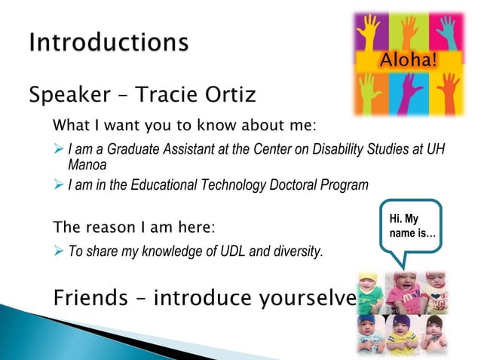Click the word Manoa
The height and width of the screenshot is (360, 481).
[x=87, y=164]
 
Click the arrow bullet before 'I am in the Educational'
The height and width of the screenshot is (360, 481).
[x=59, y=185]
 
